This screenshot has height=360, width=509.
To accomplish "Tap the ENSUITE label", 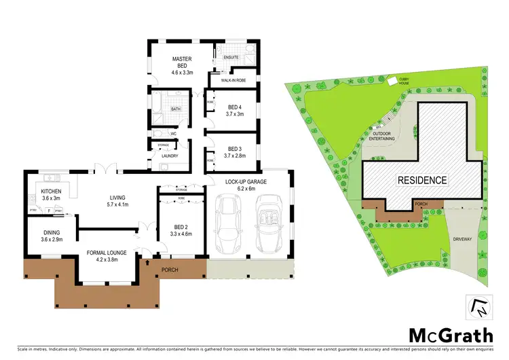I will (x=231, y=58).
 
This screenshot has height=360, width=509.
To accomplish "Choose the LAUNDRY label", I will (x=170, y=156).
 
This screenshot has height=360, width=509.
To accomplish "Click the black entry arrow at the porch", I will (x=147, y=262).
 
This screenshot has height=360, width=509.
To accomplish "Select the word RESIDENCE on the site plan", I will (x=422, y=181).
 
